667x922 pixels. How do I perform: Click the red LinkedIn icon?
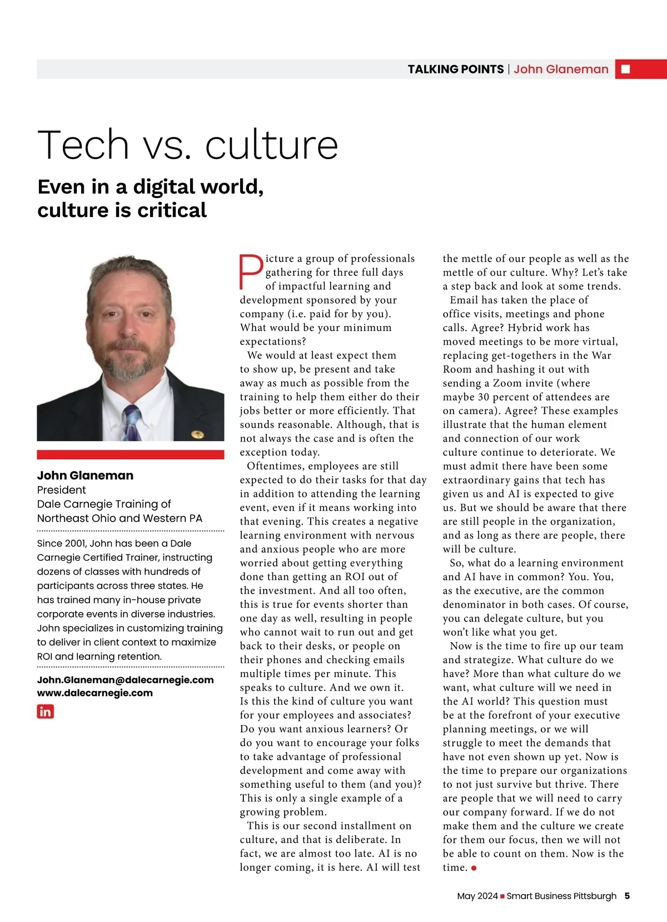(x=46, y=711)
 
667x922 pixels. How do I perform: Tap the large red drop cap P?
(x=251, y=272)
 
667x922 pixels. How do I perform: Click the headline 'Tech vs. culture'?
(x=188, y=145)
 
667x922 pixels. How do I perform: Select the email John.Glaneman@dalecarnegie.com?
(x=125, y=679)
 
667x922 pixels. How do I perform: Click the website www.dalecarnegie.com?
(x=94, y=693)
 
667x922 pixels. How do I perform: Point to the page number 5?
(x=627, y=896)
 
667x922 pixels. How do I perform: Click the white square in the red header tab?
(x=625, y=69)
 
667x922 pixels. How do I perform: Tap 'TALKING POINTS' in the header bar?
(x=455, y=69)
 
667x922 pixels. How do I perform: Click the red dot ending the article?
(x=474, y=868)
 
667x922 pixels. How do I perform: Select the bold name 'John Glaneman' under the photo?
(x=85, y=475)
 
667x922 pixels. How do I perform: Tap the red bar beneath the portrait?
(x=130, y=455)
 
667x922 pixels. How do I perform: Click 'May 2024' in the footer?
(x=477, y=896)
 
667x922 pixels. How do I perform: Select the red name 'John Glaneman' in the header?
(x=560, y=69)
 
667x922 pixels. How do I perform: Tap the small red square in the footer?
(x=502, y=896)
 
